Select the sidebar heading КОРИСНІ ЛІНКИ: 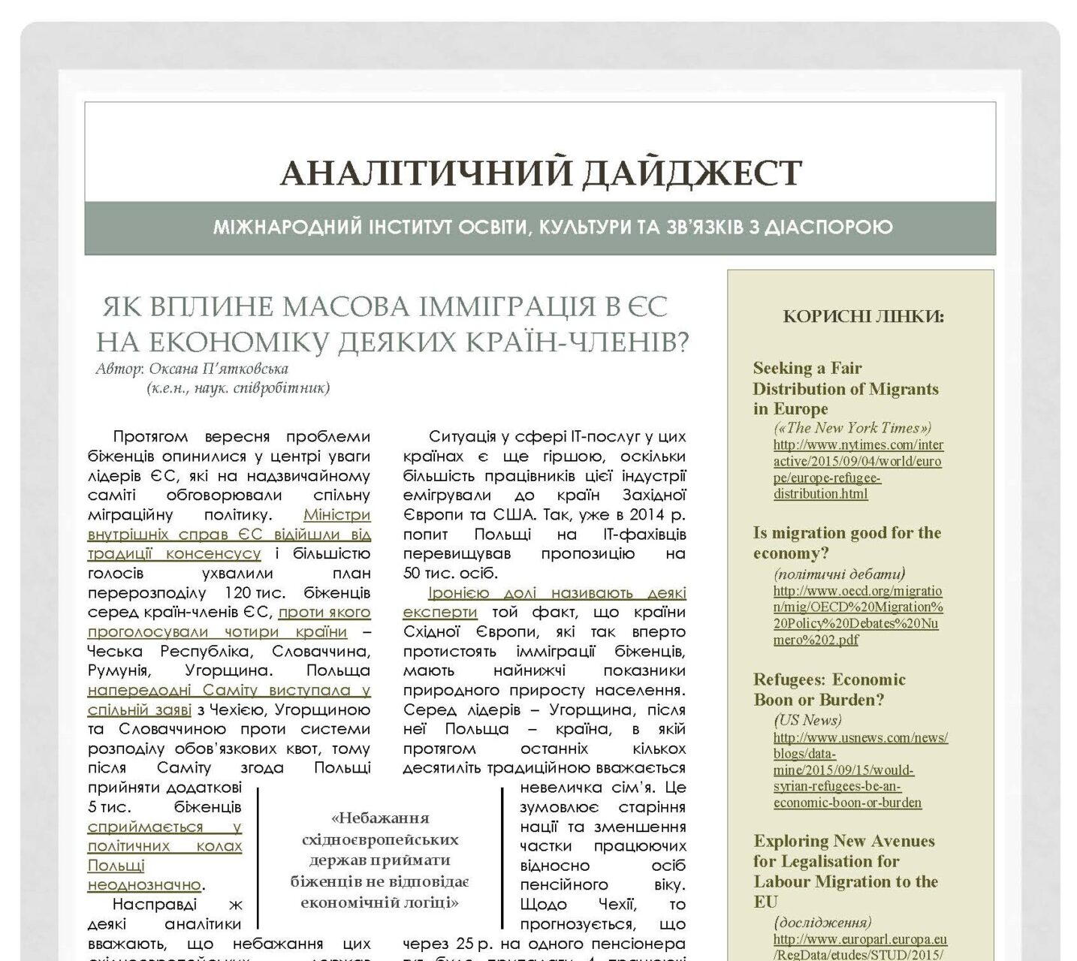click(x=863, y=316)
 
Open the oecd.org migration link click(x=858, y=616)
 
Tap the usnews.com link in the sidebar click(x=860, y=770)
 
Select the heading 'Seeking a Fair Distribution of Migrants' click(x=846, y=388)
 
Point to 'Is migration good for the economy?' click(x=846, y=543)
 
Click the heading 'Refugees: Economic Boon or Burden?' click(x=829, y=689)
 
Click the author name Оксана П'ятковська click(x=219, y=369)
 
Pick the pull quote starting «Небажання click(x=379, y=860)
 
